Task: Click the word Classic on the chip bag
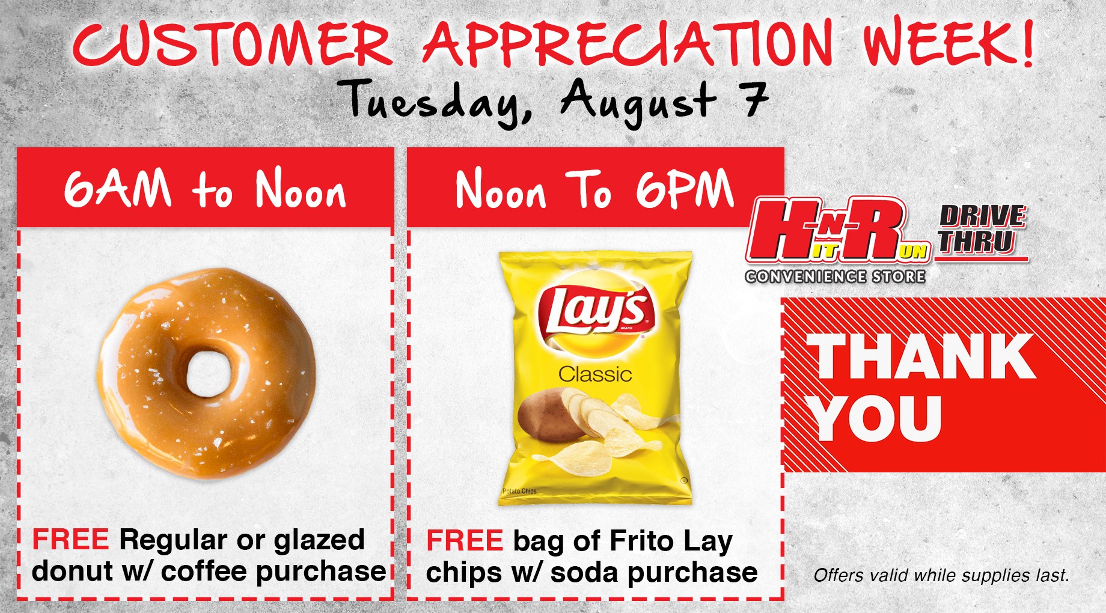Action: [595, 374]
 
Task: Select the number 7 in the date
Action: [755, 99]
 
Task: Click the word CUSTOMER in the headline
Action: [232, 44]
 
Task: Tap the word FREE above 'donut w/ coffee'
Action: [70, 540]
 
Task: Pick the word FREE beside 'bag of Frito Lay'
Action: [465, 540]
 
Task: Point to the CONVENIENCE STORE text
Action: [835, 276]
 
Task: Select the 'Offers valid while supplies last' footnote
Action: [941, 575]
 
